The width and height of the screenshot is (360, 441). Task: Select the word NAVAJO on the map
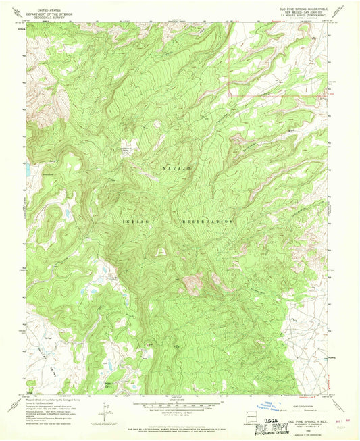(x=177, y=165)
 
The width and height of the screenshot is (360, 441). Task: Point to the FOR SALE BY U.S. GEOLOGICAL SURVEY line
(x=178, y=424)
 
